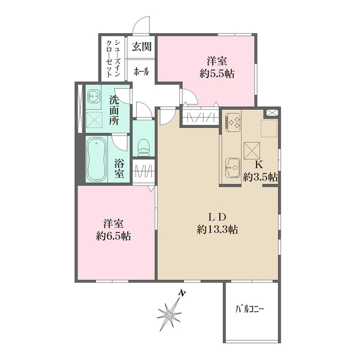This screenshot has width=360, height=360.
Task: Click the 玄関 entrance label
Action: pyautogui.click(x=141, y=47)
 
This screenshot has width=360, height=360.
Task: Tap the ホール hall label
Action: pyautogui.click(x=141, y=71)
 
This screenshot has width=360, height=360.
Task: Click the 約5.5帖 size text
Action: pyautogui.click(x=220, y=73)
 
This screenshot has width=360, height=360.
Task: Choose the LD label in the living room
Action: pyautogui.click(x=217, y=217)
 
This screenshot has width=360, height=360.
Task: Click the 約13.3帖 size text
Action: pyautogui.click(x=217, y=229)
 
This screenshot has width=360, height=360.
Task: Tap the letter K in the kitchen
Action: pyautogui.click(x=259, y=165)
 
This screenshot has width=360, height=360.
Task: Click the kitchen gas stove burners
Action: pyautogui.click(x=233, y=120)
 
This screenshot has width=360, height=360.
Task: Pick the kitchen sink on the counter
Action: pyautogui.click(x=232, y=167)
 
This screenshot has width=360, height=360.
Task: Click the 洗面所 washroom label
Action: pyautogui.click(x=114, y=110)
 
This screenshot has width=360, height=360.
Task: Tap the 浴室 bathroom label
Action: pyautogui.click(x=119, y=168)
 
